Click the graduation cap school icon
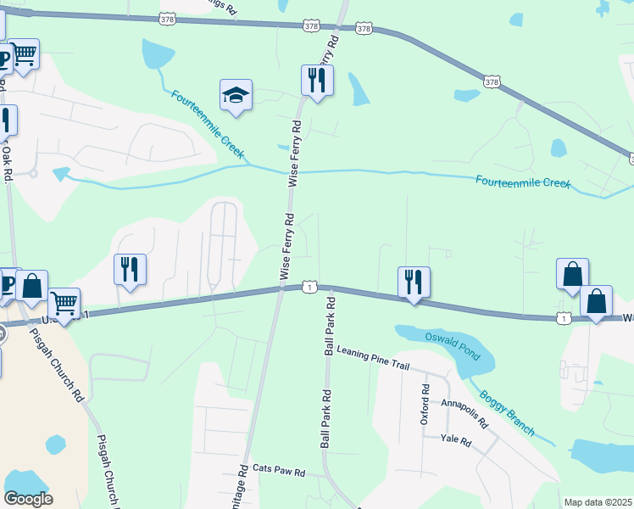click(x=236, y=94)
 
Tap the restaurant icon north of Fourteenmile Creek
click(x=317, y=81)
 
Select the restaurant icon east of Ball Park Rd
click(x=414, y=282)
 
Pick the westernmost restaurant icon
click(x=130, y=270)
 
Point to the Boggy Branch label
click(x=507, y=411)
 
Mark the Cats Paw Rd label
click(x=279, y=469)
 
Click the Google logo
click(x=28, y=498)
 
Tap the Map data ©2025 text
click(x=598, y=502)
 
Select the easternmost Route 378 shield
click(x=492, y=82)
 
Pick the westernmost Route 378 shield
click(x=167, y=17)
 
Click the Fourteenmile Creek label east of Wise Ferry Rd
click(x=522, y=182)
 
